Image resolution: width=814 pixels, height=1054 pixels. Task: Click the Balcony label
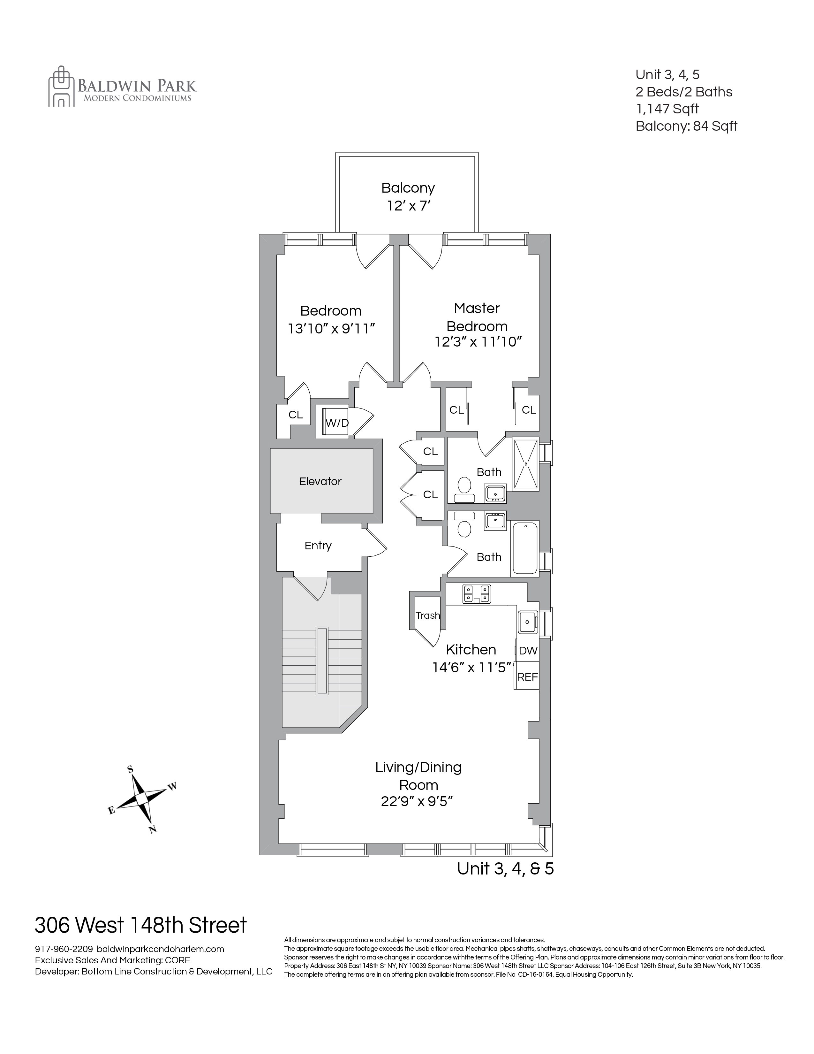coord(408,188)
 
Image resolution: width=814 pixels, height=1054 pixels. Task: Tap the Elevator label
coord(320,481)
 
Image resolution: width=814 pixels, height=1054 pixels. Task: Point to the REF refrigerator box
coord(527,676)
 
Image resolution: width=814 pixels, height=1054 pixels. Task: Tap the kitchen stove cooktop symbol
coord(477,594)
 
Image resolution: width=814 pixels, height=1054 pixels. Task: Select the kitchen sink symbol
coord(528,621)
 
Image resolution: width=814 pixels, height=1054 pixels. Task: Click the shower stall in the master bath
coord(525,463)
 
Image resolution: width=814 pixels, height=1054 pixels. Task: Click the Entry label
coord(318,545)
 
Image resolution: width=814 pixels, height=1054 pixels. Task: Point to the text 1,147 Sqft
coord(667,109)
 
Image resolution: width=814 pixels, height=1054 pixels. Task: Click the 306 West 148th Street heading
coord(141,926)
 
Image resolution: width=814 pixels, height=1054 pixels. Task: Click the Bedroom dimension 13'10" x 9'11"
coord(331,329)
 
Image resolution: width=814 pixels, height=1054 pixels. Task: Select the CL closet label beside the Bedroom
coord(295,415)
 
